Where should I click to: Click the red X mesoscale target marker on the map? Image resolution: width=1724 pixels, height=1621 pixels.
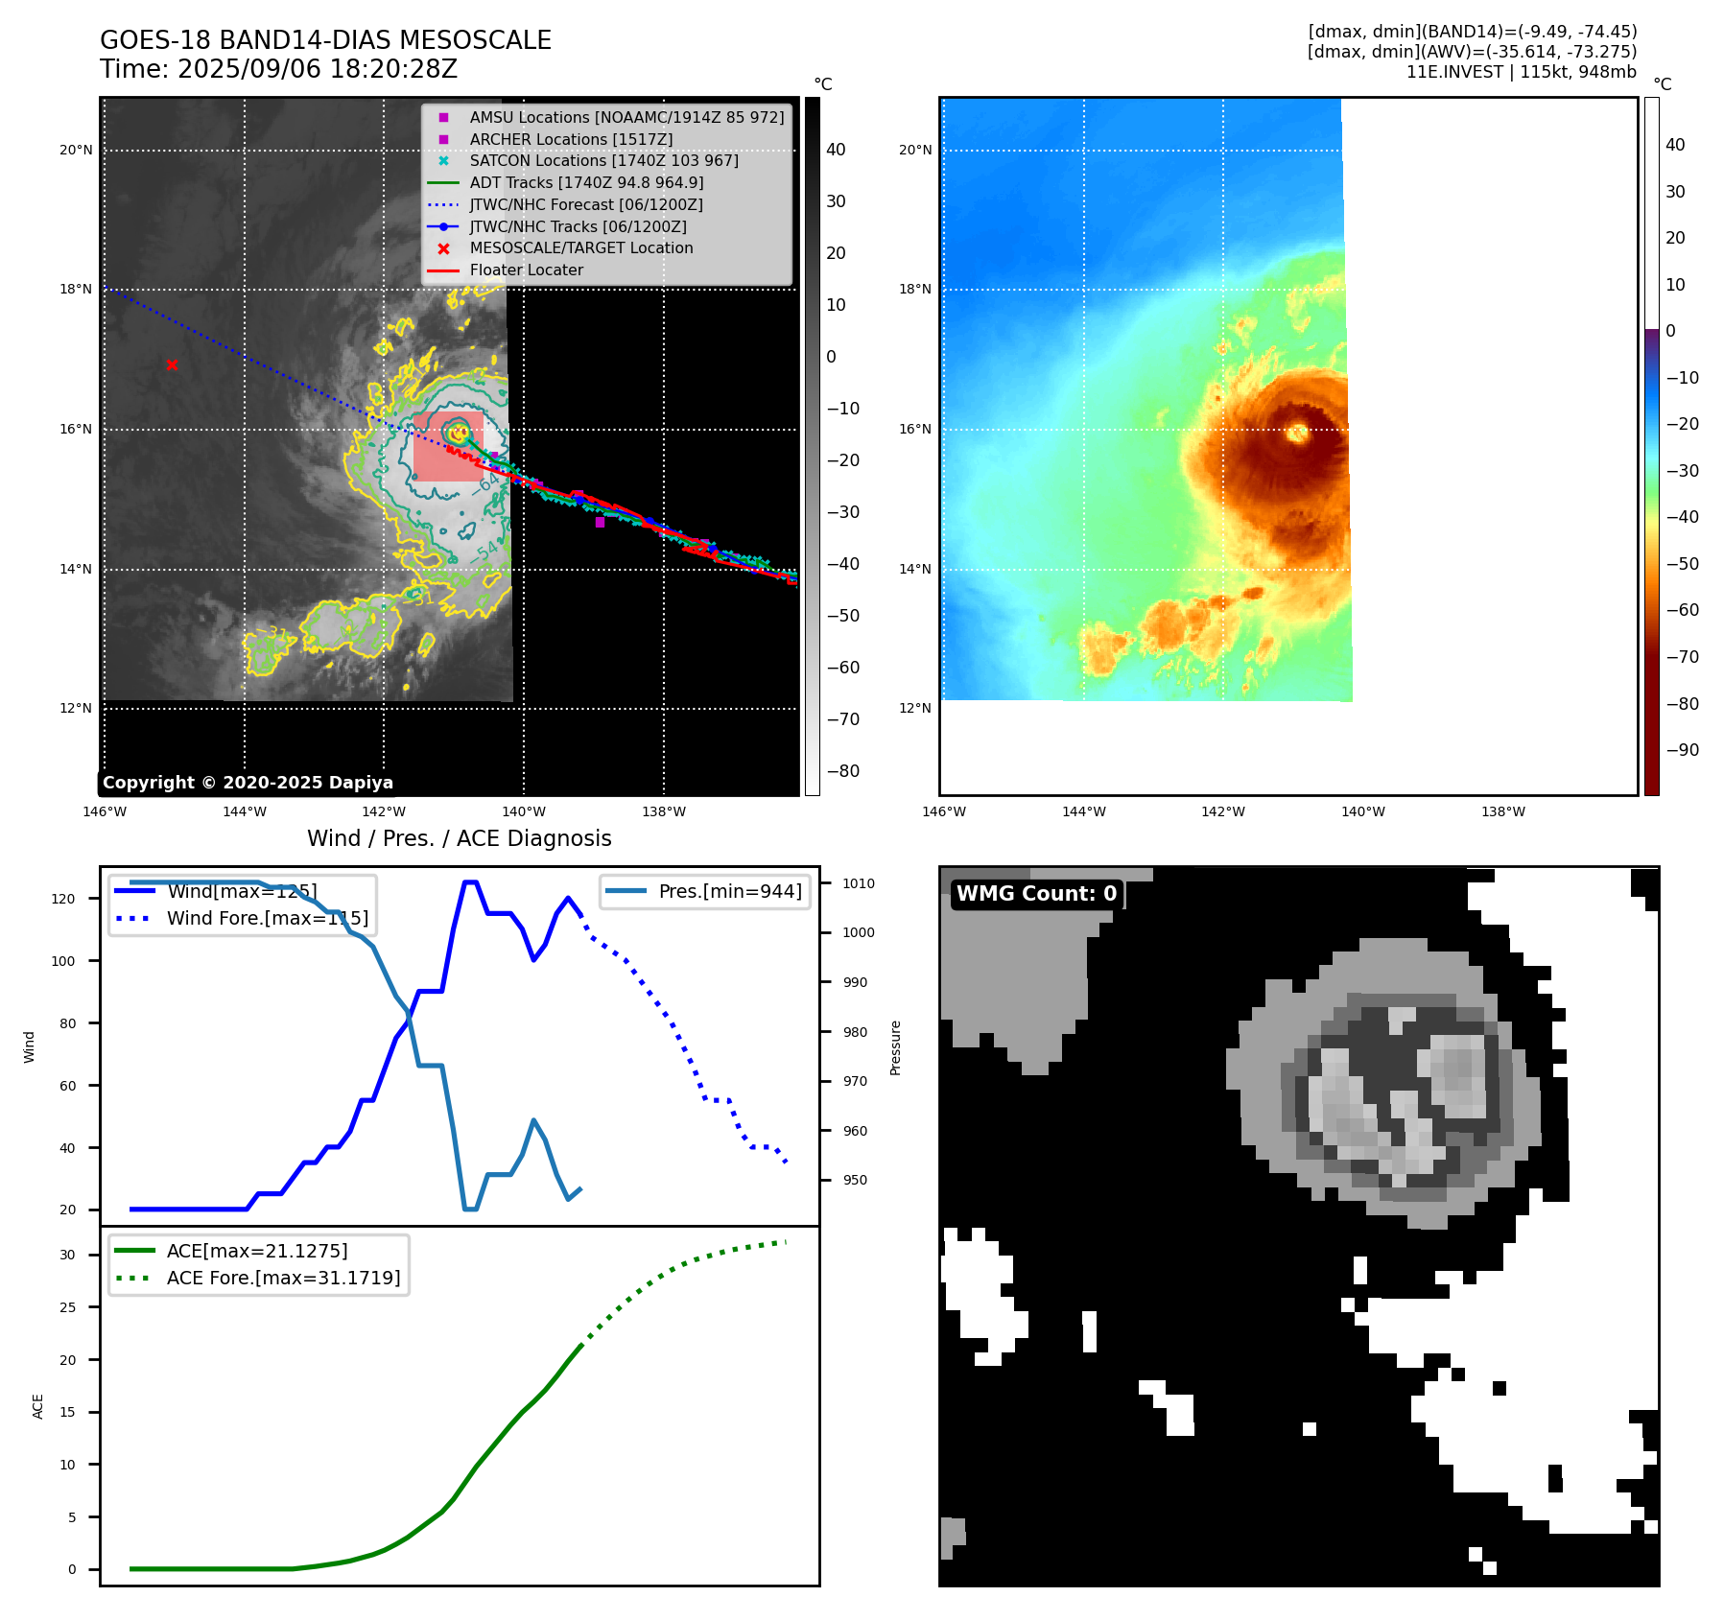click(172, 364)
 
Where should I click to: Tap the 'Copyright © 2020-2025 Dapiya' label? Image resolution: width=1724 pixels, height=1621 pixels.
click(248, 783)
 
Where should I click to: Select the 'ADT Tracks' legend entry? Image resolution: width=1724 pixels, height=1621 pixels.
click(586, 182)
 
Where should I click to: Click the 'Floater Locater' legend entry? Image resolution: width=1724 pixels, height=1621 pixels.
click(526, 270)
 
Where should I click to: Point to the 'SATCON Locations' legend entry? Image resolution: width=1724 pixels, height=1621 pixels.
click(603, 160)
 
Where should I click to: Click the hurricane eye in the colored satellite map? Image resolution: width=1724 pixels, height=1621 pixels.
click(1297, 433)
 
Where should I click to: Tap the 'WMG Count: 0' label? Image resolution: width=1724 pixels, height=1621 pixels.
click(1036, 894)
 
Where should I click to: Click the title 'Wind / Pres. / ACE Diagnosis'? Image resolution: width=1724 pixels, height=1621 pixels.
click(459, 838)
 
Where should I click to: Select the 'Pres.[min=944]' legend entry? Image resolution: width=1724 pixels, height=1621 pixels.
click(729, 891)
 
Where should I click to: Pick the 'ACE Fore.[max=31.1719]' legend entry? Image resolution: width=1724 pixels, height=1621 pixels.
click(283, 1278)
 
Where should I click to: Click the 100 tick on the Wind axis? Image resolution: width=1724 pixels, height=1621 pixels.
click(63, 961)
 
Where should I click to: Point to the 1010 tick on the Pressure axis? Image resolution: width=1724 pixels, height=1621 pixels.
click(859, 883)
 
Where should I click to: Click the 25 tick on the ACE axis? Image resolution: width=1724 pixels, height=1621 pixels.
click(67, 1307)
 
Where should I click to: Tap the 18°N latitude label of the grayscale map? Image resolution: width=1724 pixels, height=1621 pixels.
click(76, 289)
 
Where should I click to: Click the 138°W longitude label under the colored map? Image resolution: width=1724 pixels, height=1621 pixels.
click(1502, 811)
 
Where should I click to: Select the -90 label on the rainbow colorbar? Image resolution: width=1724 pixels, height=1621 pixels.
click(1682, 750)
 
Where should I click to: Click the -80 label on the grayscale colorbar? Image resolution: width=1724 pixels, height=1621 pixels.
click(842, 771)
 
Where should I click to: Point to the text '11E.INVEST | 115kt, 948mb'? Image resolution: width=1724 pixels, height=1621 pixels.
click(1521, 72)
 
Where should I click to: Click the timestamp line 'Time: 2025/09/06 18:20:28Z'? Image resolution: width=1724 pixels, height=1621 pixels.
click(278, 69)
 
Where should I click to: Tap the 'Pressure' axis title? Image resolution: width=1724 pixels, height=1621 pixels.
click(895, 1047)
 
